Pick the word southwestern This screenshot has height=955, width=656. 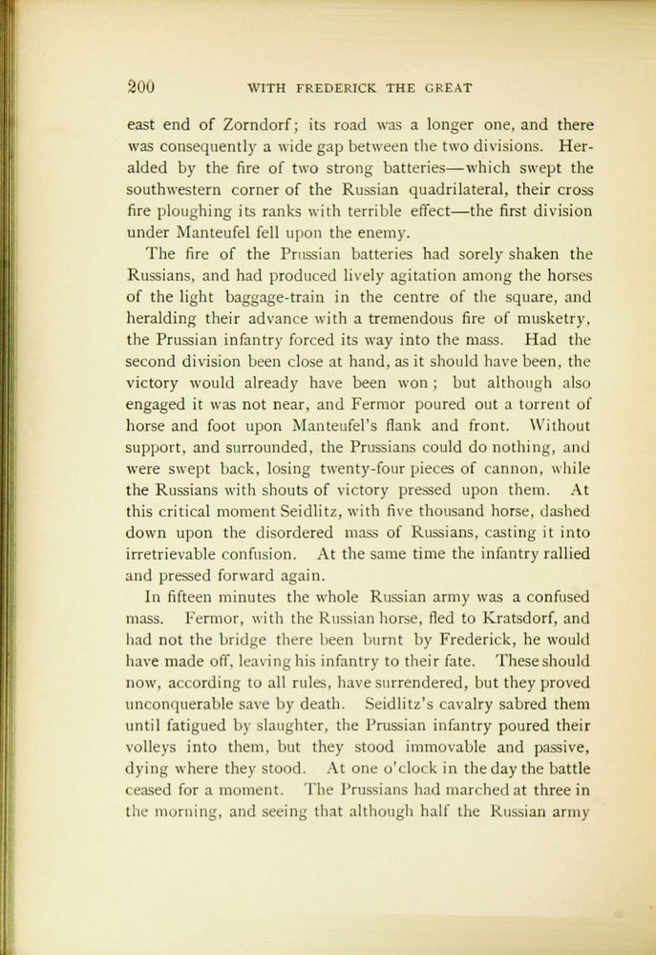174,189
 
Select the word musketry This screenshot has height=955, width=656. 547,318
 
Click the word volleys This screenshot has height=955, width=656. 157,747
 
